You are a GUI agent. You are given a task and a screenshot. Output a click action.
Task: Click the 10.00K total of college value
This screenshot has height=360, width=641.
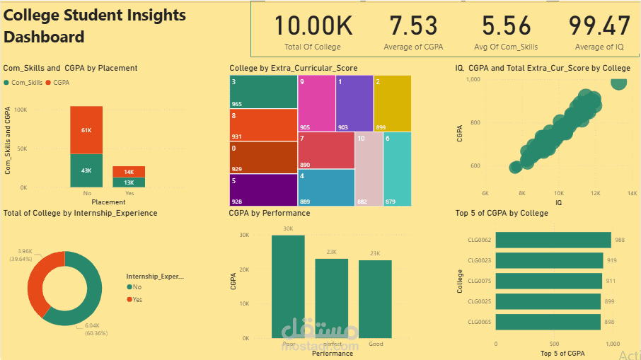[x=312, y=26]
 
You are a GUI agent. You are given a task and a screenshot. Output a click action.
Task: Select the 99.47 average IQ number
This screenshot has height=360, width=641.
[x=599, y=26]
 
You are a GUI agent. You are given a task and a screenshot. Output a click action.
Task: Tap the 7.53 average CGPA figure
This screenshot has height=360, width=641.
[x=414, y=26]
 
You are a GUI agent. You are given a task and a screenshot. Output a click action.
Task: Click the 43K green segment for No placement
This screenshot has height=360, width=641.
[x=86, y=170]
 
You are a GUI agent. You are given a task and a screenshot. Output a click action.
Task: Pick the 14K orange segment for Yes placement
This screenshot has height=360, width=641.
[x=129, y=172]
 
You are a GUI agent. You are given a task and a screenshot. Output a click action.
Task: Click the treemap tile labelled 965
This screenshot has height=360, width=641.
[x=262, y=92]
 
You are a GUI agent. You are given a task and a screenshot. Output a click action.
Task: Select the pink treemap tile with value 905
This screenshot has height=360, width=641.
[x=316, y=104]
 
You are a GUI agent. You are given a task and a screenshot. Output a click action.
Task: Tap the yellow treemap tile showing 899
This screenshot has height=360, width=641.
[x=391, y=104]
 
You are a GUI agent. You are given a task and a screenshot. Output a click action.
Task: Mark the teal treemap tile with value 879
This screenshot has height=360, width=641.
[x=397, y=169]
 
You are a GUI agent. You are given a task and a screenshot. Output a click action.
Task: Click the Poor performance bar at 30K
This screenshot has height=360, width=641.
[x=288, y=286]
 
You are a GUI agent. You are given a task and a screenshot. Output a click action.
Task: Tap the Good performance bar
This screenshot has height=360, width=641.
[x=374, y=298]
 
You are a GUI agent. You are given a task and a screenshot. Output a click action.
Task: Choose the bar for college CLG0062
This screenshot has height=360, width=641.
[x=553, y=240]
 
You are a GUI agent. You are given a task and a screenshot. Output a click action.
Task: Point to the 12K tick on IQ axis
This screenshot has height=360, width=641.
[x=596, y=192]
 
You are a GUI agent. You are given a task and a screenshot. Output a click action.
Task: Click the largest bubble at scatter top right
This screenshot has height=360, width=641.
[x=618, y=82]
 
